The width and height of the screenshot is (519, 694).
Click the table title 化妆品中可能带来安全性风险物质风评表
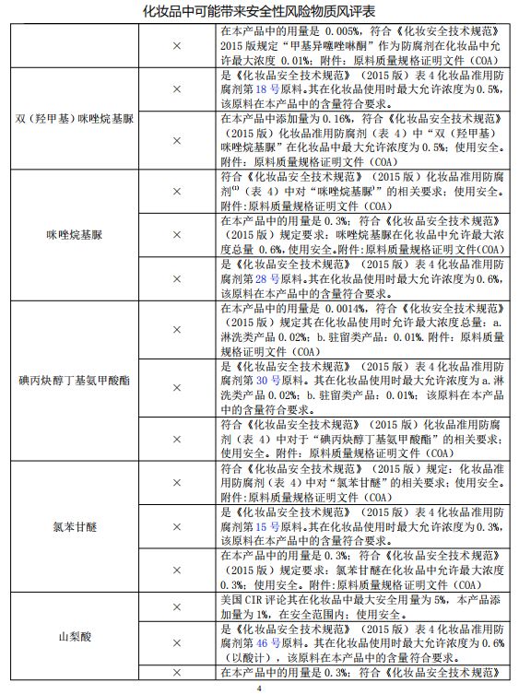click(x=259, y=10)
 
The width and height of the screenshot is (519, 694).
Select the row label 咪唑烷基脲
click(x=75, y=235)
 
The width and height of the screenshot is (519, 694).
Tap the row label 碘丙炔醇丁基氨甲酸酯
click(x=75, y=380)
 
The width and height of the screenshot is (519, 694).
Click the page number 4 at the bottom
click(x=259, y=687)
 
